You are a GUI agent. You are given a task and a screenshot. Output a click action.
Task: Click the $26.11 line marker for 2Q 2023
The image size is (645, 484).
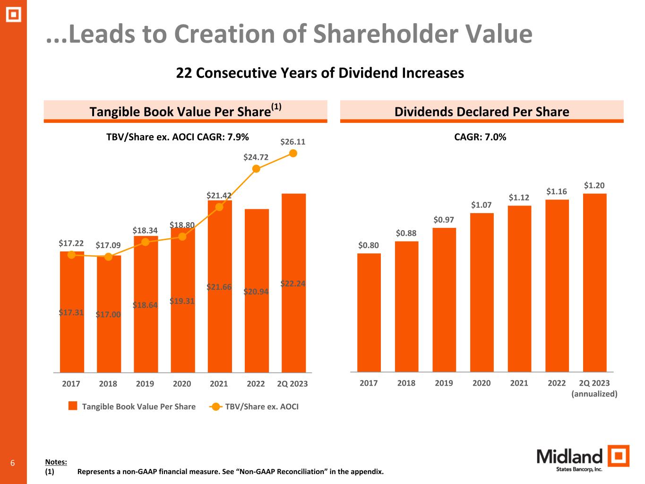(293, 153)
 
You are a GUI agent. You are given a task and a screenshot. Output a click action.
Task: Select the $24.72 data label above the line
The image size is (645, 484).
(256, 157)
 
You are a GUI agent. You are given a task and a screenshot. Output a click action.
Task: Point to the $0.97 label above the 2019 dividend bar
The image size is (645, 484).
(444, 220)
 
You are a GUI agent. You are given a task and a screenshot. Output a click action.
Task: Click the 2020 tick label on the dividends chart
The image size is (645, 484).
(482, 383)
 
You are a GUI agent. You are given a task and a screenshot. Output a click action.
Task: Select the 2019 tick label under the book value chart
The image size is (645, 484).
(145, 384)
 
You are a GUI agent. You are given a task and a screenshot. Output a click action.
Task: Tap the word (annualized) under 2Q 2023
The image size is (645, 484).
(594, 394)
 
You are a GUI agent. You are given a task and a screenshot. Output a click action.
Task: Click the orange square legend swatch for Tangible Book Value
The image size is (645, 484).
(73, 406)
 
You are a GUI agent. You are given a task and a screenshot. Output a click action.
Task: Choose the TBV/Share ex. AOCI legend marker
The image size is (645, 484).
(216, 406)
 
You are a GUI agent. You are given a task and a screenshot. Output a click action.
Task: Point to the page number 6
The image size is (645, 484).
(13, 463)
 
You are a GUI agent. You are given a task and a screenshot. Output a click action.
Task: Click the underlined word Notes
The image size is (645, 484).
(56, 462)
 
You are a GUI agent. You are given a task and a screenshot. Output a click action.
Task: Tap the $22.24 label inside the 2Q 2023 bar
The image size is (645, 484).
(293, 284)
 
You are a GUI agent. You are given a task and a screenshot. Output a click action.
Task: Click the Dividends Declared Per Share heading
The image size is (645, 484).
(482, 112)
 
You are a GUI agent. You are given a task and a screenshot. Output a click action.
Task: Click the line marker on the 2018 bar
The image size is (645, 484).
(108, 257)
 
